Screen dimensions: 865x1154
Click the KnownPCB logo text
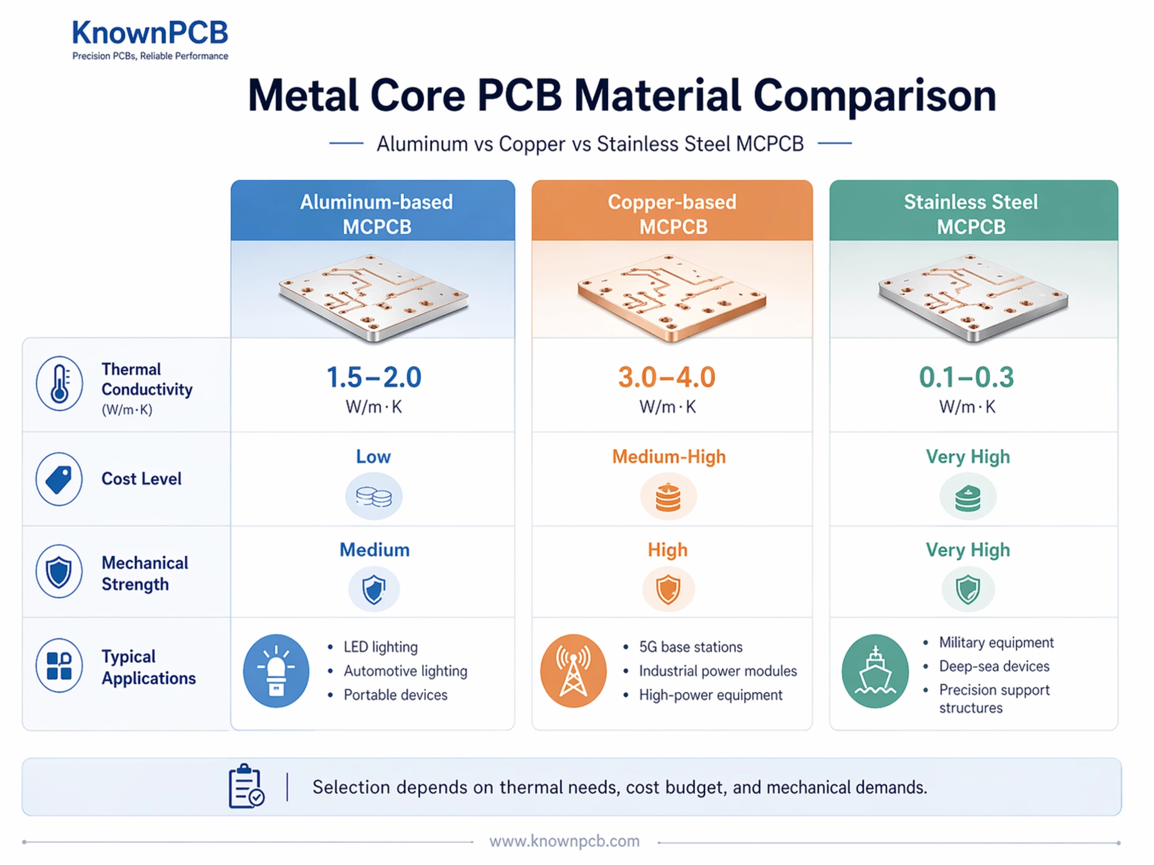[150, 33]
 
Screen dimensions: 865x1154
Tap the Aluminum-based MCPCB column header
[376, 214]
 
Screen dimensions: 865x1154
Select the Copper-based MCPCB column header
[672, 214]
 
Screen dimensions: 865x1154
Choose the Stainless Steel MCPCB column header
[971, 214]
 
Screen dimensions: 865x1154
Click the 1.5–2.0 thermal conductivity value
[374, 378]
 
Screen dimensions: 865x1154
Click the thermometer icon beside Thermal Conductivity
[59, 383]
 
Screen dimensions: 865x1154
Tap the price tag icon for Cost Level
[59, 479]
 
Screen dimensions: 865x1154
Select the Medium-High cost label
[669, 457]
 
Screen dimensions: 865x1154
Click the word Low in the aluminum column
[373, 457]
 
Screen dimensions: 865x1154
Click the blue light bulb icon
[276, 671]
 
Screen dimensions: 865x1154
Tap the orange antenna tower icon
[573, 671]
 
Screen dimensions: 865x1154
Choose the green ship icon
[875, 671]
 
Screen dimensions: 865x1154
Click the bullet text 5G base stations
[690, 647]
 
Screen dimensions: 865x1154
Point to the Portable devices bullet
[395, 695]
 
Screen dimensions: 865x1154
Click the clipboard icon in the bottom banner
[246, 787]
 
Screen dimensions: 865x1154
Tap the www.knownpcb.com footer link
[564, 841]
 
